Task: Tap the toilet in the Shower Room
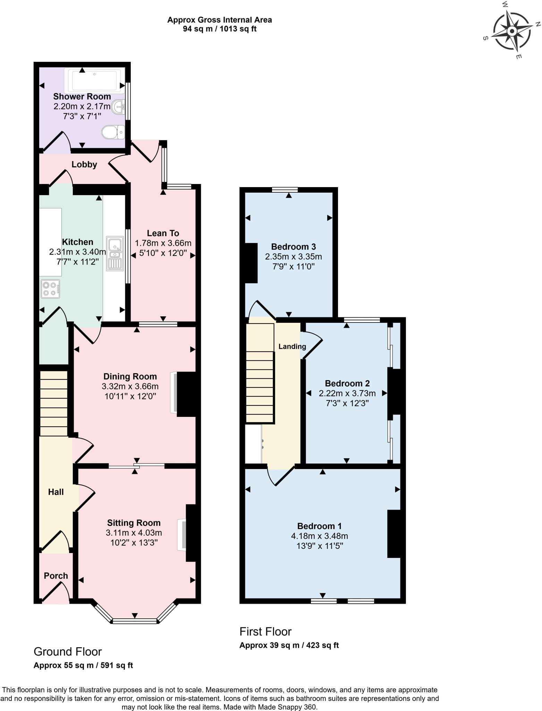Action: pyautogui.click(x=113, y=132)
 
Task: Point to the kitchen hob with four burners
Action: pyautogui.click(x=50, y=289)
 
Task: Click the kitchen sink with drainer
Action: pyautogui.click(x=115, y=253)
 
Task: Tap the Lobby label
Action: pyautogui.click(x=84, y=165)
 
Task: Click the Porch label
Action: pyautogui.click(x=56, y=576)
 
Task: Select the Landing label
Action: pyautogui.click(x=292, y=346)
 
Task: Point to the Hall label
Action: pyautogui.click(x=56, y=492)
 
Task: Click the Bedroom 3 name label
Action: pyautogui.click(x=293, y=247)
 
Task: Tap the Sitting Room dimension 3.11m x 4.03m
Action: pyautogui.click(x=134, y=533)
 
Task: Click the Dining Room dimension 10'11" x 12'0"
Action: pyautogui.click(x=130, y=396)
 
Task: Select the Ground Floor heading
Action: pyautogui.click(x=68, y=652)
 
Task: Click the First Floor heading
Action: pyautogui.click(x=265, y=631)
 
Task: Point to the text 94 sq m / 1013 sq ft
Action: pyautogui.click(x=219, y=29)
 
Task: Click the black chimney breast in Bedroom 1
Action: pyautogui.click(x=394, y=534)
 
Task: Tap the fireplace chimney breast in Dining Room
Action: pyautogui.click(x=187, y=394)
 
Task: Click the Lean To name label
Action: pyautogui.click(x=163, y=233)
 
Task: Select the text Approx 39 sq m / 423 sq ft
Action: pyautogui.click(x=289, y=645)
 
